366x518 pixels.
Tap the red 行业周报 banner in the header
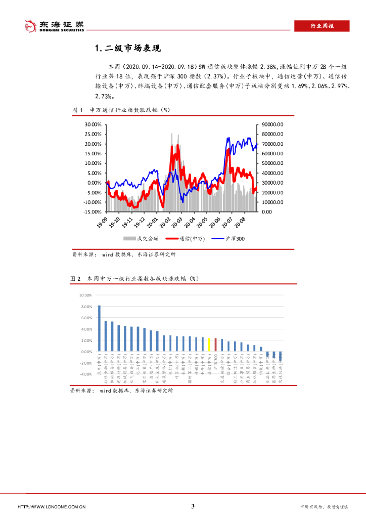pos(322,26)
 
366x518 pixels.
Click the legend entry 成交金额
pos(141,238)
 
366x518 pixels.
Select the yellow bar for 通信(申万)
pos(209,344)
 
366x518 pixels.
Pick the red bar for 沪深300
pos(215,345)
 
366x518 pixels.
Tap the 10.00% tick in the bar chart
pos(85,295)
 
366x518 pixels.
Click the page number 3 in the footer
pos(193,506)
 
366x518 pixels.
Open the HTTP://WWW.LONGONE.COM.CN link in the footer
pos(52,507)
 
